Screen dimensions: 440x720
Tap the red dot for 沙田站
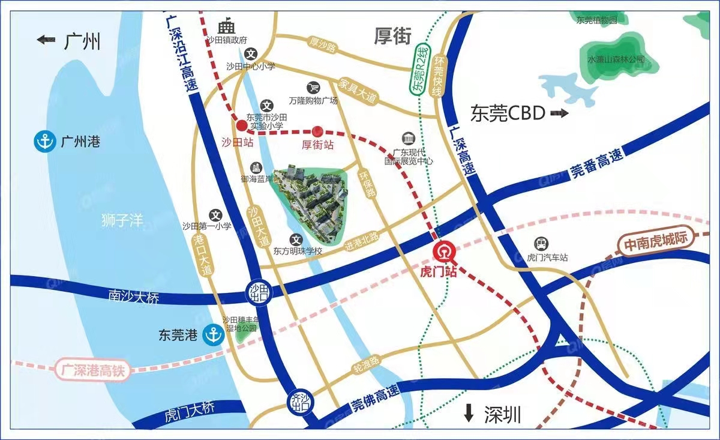[241, 125]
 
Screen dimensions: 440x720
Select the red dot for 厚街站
[319, 131]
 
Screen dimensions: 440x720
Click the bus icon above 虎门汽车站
[541, 243]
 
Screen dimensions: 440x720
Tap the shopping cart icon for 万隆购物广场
[313, 88]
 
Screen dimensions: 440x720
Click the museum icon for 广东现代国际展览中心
[409, 137]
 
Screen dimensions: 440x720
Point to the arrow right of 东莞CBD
[559, 113]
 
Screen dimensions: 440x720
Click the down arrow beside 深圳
[469, 413]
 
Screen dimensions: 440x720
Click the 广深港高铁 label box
[92, 369]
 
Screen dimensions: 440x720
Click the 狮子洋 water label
[122, 220]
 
